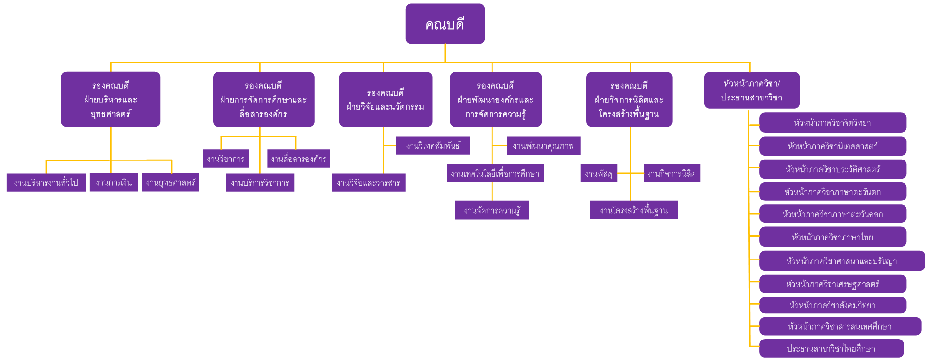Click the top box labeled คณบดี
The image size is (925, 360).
[445, 24]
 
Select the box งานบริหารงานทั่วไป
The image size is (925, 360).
[46, 182]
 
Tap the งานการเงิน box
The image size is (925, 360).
[114, 182]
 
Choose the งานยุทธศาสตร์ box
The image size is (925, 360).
[171, 182]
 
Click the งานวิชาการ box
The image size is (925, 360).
[226, 159]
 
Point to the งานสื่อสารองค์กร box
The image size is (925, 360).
[298, 159]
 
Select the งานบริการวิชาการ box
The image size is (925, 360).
[260, 183]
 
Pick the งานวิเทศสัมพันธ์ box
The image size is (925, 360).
[433, 145]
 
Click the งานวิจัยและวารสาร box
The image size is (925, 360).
[369, 183]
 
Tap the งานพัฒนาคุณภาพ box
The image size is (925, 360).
[543, 145]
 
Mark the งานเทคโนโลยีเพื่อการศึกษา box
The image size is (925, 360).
[495, 173]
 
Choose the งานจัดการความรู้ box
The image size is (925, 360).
[492, 210]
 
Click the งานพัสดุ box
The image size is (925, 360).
[599, 173]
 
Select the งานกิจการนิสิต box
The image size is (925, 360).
[671, 173]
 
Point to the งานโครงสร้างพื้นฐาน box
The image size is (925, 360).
[633, 210]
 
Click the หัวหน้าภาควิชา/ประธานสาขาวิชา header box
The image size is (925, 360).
[751, 90]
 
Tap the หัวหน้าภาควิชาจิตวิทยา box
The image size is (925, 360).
[832, 123]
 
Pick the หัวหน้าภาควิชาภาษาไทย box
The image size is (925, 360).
[832, 237]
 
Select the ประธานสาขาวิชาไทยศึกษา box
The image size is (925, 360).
[831, 348]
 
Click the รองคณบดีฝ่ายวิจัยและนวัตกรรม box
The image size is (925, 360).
[385, 100]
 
